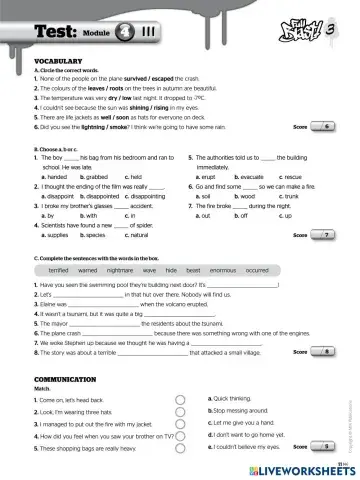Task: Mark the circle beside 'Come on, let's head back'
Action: (180, 399)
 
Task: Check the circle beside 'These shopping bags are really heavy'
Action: (180, 449)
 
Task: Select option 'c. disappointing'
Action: (140, 196)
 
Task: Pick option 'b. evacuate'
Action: (243, 177)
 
